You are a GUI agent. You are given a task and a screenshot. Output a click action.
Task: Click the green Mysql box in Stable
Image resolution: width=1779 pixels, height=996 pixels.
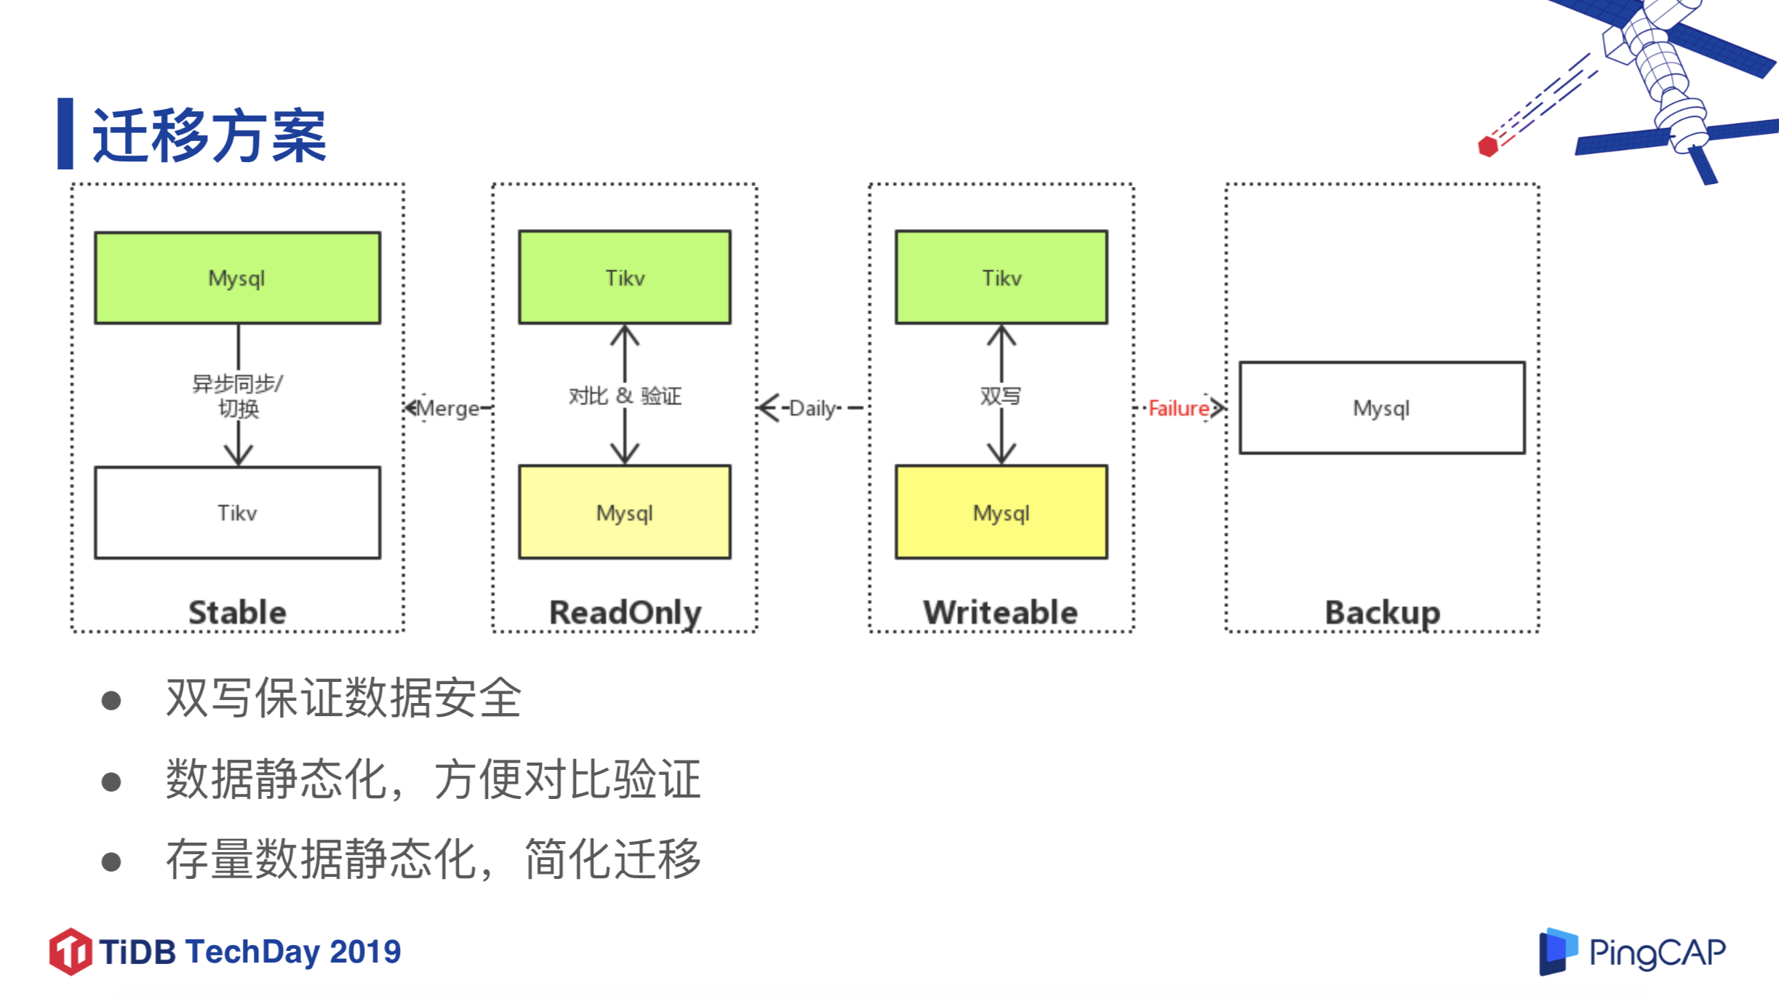(237, 278)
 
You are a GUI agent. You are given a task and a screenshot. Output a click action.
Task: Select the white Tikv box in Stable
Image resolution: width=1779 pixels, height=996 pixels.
(237, 513)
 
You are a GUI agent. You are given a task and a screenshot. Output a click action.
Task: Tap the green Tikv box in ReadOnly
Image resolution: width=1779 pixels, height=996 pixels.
(625, 278)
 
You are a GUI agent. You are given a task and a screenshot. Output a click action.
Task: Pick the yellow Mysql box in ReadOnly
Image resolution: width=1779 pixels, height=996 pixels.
(625, 513)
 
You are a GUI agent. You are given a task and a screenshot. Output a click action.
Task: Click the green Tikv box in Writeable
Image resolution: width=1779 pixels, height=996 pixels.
(1002, 278)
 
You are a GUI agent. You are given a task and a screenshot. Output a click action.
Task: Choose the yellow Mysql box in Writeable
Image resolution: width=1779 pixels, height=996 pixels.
(1002, 513)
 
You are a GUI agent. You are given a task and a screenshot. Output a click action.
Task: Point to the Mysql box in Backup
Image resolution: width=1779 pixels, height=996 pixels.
(1382, 408)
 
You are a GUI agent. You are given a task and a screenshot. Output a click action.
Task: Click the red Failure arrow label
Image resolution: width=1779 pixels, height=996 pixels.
(1178, 409)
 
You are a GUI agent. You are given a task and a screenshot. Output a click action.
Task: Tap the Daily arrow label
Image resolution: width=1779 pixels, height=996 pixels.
(812, 409)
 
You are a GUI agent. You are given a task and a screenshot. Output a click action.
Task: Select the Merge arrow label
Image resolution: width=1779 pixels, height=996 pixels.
(448, 409)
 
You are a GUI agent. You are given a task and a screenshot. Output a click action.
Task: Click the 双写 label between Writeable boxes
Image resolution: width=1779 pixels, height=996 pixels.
(1001, 396)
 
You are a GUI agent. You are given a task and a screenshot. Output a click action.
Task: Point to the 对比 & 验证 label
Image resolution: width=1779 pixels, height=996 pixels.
(625, 396)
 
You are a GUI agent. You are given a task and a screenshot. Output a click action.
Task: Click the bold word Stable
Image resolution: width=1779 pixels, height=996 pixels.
(237, 612)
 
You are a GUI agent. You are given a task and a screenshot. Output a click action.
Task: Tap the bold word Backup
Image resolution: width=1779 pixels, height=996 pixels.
(1382, 612)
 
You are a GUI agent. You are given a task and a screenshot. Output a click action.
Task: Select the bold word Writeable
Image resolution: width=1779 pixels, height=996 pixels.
(1001, 612)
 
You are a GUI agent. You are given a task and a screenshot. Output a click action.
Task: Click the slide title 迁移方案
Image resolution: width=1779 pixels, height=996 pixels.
(209, 136)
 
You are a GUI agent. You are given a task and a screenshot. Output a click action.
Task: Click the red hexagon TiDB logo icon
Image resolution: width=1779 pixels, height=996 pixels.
(71, 951)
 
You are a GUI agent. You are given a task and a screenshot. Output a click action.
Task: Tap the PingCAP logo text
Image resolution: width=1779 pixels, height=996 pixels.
(1656, 952)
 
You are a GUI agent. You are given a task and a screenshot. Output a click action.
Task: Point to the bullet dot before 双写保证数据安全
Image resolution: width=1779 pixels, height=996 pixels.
(111, 700)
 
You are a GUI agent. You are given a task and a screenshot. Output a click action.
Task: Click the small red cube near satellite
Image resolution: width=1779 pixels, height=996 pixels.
(1488, 146)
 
